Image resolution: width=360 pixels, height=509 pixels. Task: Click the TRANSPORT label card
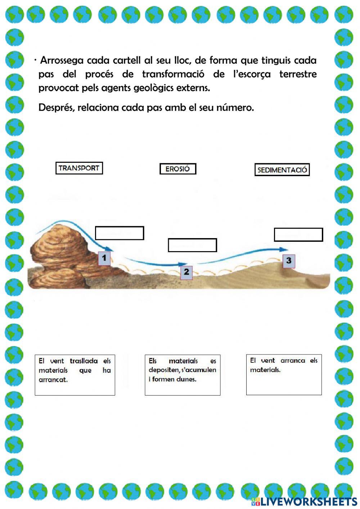point(79,168)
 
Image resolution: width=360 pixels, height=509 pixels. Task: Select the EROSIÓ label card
point(178,169)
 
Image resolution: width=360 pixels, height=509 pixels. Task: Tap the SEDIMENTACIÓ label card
point(282,170)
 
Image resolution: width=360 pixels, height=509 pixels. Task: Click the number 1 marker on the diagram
point(104,258)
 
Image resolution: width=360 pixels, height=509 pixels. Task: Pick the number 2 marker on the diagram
point(186,272)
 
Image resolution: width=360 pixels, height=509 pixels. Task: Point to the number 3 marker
point(289,260)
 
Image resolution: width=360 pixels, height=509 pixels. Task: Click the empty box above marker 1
point(120,233)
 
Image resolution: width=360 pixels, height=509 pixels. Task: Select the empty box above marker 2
point(192,245)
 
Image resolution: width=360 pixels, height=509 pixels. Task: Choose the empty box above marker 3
point(298,235)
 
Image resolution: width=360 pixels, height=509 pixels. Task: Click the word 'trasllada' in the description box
point(84,361)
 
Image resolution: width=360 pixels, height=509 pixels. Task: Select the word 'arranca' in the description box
point(293,361)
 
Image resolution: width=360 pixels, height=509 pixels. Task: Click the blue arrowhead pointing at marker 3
point(284,249)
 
